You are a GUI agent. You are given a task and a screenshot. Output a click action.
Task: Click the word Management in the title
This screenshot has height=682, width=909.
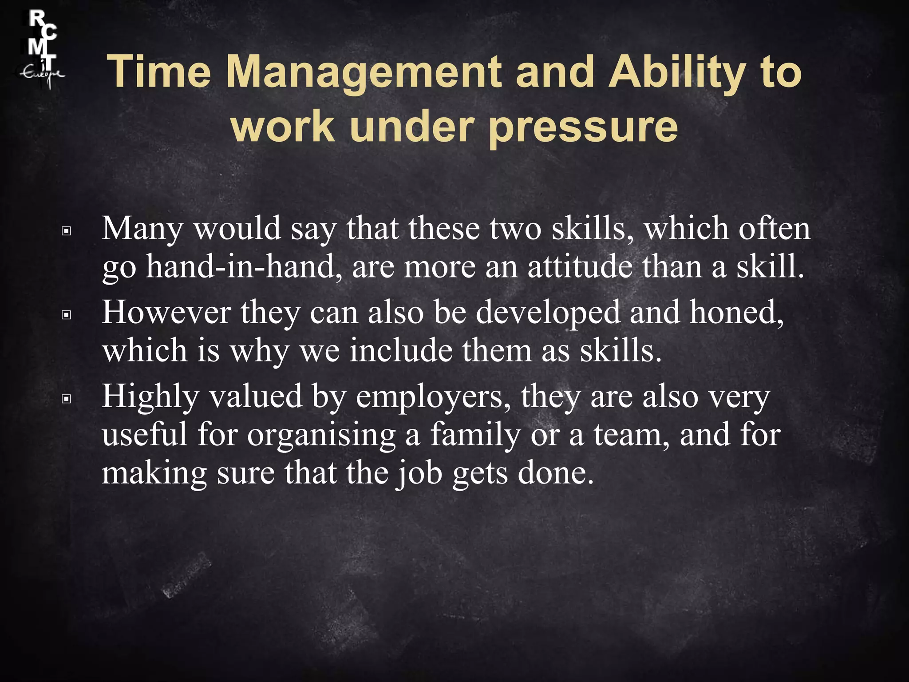pyautogui.click(x=364, y=72)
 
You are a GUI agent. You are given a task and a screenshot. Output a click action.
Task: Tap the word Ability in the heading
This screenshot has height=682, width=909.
pyautogui.click(x=677, y=72)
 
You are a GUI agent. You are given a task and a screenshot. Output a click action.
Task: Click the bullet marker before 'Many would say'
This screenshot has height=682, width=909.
pyautogui.click(x=67, y=231)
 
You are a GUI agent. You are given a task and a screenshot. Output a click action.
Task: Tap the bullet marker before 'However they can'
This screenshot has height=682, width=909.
pyautogui.click(x=67, y=315)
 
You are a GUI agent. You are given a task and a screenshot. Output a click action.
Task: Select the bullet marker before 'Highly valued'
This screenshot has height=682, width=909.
pyautogui.click(x=67, y=399)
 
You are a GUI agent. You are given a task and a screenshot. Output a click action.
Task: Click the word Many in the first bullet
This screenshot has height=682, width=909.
pyautogui.click(x=142, y=229)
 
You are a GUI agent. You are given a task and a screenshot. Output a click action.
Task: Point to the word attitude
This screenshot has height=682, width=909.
pyautogui.click(x=580, y=267)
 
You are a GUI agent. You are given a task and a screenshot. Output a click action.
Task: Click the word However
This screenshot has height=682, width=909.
pyautogui.click(x=166, y=313)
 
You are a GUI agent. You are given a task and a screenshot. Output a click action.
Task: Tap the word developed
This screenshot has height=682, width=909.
pyautogui.click(x=548, y=313)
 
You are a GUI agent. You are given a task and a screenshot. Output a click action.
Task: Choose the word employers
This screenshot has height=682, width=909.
pyautogui.click(x=433, y=397)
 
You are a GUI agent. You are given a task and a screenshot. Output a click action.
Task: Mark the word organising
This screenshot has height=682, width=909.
pyautogui.click(x=321, y=435)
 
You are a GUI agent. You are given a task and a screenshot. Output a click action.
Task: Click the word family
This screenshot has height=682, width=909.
pyautogui.click(x=475, y=435)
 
